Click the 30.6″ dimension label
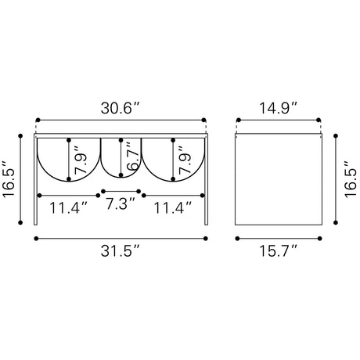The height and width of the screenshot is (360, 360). (x=121, y=108)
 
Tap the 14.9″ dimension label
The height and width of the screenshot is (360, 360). (x=278, y=108)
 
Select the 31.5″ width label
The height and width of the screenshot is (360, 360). (x=121, y=251)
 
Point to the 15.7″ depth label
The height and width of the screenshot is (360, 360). (x=278, y=251)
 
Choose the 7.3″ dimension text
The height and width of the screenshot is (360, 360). (x=121, y=203)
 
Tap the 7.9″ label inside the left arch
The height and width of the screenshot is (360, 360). (x=81, y=160)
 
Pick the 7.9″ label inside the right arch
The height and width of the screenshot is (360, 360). (x=185, y=160)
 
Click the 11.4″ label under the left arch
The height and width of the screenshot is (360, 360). (x=68, y=208)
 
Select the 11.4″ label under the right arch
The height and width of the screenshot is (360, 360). (x=173, y=208)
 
